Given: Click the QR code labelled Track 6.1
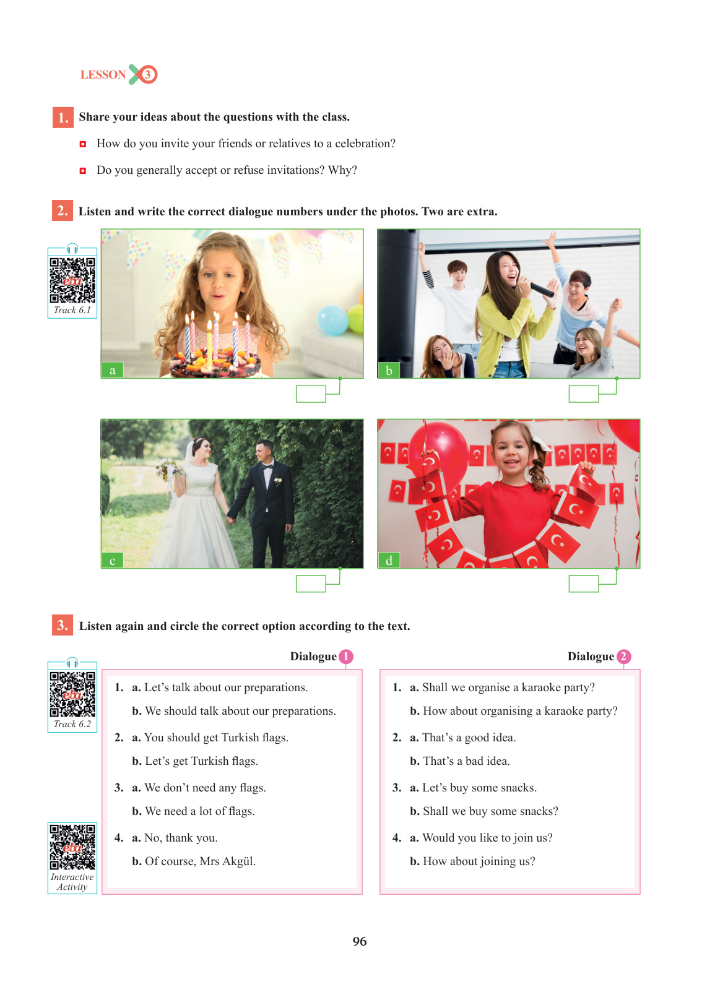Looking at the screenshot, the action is (72, 280).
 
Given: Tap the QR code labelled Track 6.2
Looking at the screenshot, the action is (72, 694).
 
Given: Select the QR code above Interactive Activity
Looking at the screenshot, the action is (72, 847).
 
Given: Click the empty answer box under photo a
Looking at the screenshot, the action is (310, 394).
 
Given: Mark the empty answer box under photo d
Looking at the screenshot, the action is (583, 584).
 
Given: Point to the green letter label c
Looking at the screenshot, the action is (112, 560).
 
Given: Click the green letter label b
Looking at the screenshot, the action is (389, 371).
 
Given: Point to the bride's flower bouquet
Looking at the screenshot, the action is (168, 469).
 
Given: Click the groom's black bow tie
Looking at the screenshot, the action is (267, 467).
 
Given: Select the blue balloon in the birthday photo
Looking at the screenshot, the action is (332, 320).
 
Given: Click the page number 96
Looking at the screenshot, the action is (359, 941).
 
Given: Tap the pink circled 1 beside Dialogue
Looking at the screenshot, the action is (345, 656).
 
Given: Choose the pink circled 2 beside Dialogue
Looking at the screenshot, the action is (623, 656).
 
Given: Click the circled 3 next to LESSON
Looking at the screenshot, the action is (147, 74).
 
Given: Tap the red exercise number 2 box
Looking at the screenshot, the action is (63, 210).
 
